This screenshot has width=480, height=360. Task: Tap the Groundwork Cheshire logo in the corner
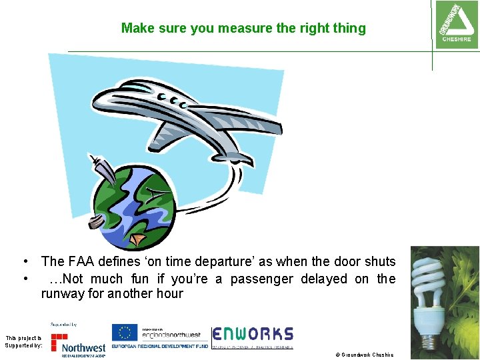tap(456, 23)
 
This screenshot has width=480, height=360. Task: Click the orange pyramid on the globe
tap(137, 237)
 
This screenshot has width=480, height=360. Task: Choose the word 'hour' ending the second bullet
tap(169, 294)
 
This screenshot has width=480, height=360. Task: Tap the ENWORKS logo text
tap(253, 334)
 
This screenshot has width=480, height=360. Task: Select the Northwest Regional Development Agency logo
tap(79, 343)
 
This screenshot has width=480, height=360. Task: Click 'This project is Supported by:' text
tap(23, 341)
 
